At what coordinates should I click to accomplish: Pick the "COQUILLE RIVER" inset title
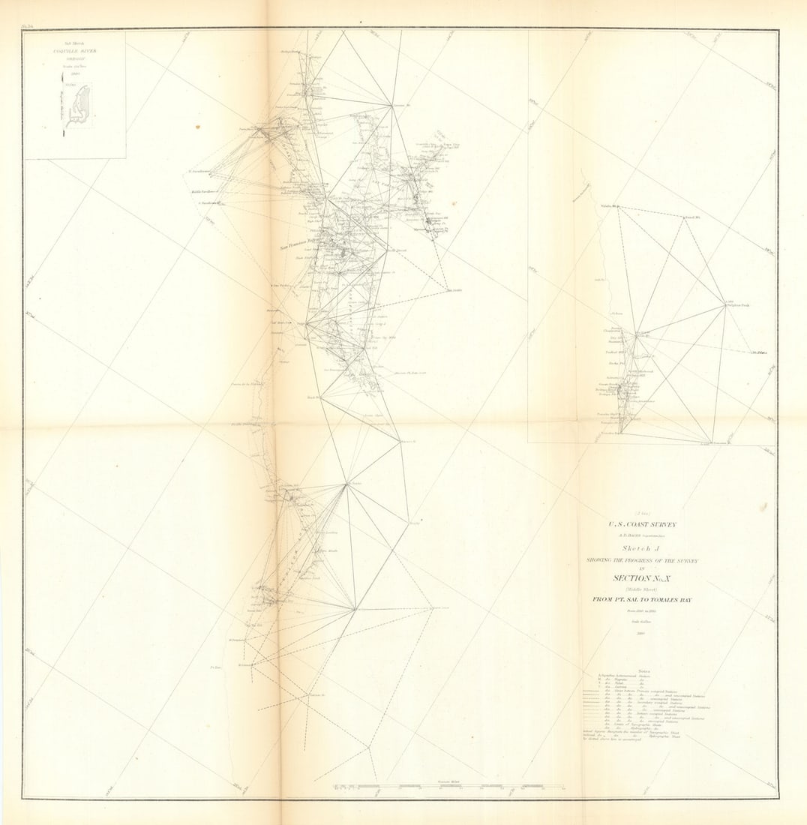point(74,51)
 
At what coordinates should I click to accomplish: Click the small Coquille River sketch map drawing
point(79,105)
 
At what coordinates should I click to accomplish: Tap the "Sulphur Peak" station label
point(739,304)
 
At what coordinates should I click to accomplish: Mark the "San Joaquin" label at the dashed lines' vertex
point(454,291)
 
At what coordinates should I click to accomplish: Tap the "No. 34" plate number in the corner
point(29,27)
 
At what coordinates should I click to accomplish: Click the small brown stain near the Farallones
point(198,127)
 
